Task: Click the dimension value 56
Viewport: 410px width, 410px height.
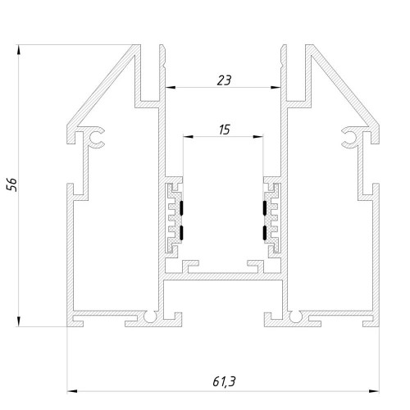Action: point(12,184)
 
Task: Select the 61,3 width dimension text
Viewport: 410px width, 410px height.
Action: point(224,381)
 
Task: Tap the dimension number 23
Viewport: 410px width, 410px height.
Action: point(224,80)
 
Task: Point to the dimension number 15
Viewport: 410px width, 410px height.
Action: point(225,130)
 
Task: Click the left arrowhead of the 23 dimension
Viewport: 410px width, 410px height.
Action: point(171,88)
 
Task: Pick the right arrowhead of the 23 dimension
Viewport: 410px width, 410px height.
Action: point(276,88)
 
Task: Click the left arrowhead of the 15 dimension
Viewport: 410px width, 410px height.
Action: point(188,136)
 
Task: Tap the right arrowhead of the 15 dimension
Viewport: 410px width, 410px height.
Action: point(258,136)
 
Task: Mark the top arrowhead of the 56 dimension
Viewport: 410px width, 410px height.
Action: point(19,50)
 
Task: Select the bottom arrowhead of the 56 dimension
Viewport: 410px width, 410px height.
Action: point(19,321)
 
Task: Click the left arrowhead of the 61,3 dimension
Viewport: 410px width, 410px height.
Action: point(72,391)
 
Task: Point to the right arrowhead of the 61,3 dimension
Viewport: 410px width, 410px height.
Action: point(374,391)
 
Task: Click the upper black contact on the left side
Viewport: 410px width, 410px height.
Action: point(181,207)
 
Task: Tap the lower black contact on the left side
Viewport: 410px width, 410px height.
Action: point(181,233)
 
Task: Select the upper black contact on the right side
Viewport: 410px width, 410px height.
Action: point(265,207)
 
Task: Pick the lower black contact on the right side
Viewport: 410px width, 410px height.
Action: point(265,233)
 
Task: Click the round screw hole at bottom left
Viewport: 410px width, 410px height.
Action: point(150,317)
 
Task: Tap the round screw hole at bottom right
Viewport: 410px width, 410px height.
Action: point(295,317)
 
